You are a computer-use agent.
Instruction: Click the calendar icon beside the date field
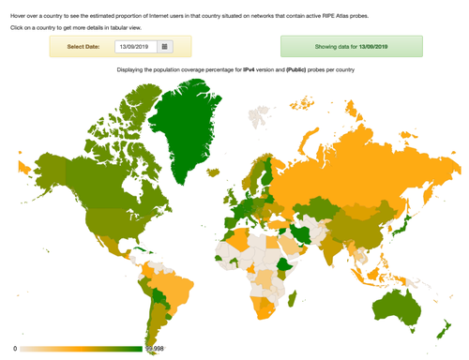[x=165, y=46]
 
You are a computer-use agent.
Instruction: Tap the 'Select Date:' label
[x=84, y=46]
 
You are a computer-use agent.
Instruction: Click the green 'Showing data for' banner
[x=352, y=46]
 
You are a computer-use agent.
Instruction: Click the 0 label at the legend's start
[x=16, y=349]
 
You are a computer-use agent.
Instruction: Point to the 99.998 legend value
[x=155, y=349]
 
